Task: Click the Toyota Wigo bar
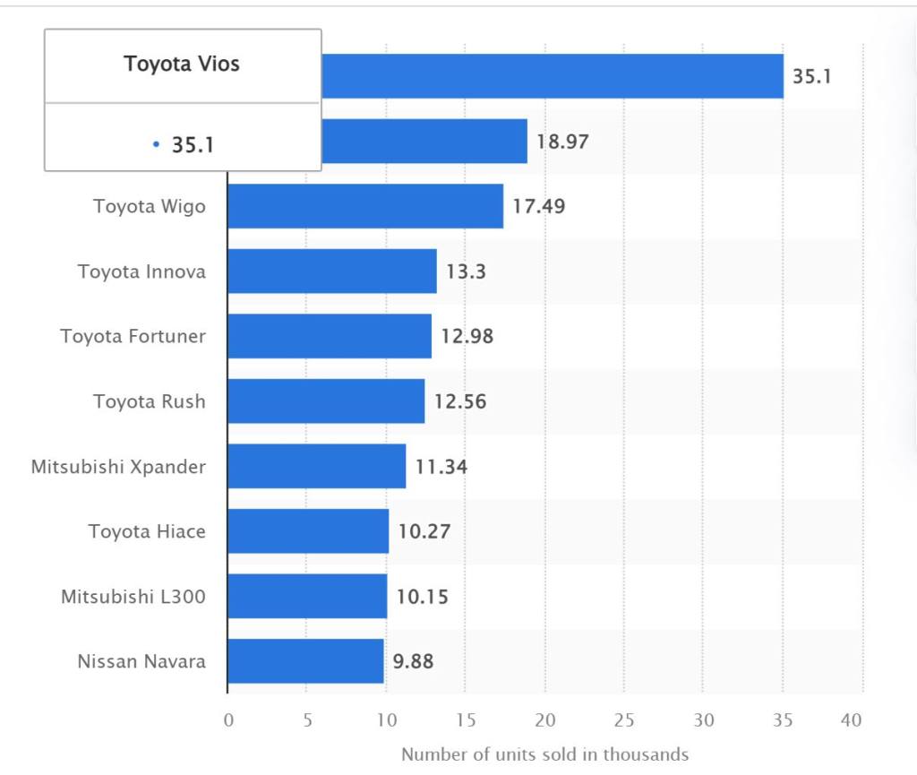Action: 365,206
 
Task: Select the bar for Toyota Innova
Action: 332,271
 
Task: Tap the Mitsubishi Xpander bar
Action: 316,466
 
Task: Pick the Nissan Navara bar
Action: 305,661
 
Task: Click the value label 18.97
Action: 562,142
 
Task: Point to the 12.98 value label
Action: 467,336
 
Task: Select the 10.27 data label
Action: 424,531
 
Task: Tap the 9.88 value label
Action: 414,661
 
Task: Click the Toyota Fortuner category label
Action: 133,336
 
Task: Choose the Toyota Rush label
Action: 149,401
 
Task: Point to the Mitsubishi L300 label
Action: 133,596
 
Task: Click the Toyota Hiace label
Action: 147,531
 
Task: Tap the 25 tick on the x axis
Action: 624,720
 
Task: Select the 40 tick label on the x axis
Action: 852,720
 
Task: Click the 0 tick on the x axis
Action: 228,720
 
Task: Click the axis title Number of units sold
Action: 544,753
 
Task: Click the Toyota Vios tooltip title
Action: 182,65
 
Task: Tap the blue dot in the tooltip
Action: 156,144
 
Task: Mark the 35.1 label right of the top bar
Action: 811,76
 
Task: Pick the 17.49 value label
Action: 538,206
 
